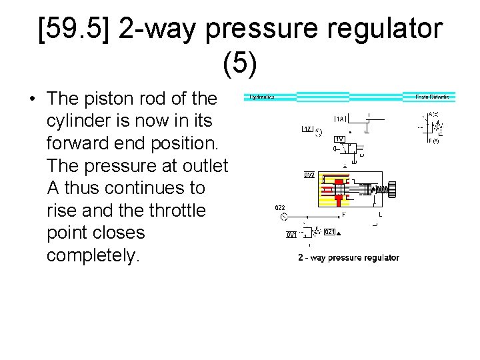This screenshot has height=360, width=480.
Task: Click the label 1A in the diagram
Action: (x=340, y=119)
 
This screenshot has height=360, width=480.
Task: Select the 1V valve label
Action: (x=340, y=139)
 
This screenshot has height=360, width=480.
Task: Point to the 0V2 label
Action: (x=309, y=175)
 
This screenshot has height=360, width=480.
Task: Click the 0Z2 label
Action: (x=281, y=208)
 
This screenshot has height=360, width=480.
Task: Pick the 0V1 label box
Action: (x=291, y=235)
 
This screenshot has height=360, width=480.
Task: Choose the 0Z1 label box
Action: (x=329, y=232)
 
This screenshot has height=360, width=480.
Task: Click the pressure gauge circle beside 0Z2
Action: (x=285, y=218)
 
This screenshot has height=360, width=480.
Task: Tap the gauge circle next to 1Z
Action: (x=319, y=132)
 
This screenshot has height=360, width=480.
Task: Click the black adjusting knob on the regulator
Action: (x=391, y=190)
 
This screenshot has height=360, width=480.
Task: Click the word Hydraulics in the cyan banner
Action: (x=262, y=97)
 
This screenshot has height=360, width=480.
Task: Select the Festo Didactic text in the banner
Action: (x=432, y=97)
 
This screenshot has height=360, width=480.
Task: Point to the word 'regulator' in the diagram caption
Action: (x=380, y=257)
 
